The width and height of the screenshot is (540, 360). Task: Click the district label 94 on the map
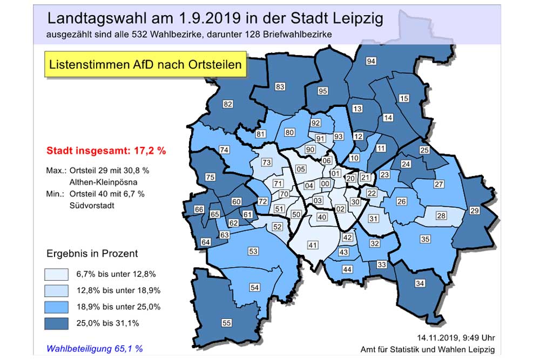371,61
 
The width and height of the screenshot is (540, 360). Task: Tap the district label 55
226,323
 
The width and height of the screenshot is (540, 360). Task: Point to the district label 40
322,217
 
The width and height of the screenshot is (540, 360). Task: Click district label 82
227,104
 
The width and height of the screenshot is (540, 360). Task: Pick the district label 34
419,283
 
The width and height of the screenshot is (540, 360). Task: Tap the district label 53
253,251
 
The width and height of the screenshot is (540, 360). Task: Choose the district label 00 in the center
325,184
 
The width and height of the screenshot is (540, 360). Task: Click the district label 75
211,177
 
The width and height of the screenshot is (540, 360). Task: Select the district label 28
441,216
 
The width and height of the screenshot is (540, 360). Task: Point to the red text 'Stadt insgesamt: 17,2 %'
106,151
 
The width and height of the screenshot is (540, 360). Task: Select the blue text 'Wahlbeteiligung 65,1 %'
94,348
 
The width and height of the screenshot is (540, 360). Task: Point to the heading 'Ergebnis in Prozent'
91,253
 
